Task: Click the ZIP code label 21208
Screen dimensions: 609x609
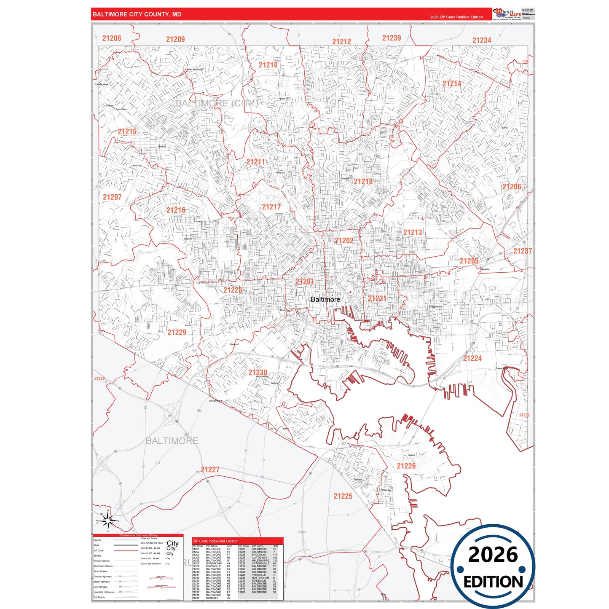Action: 112,38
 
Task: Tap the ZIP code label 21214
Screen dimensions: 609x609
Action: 452,84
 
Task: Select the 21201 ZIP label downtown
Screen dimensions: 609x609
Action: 304,282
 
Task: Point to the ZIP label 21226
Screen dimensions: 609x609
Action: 406,466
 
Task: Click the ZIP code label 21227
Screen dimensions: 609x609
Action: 210,469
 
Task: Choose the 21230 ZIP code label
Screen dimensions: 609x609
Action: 258,373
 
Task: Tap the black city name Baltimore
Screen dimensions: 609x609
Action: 325,299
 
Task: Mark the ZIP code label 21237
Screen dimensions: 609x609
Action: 523,251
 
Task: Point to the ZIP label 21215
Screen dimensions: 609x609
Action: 127,131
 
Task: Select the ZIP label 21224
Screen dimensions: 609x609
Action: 472,358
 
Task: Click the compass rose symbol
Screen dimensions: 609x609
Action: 108,521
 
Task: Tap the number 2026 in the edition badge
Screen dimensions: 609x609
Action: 493,555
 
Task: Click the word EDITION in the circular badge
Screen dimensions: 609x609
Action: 493,582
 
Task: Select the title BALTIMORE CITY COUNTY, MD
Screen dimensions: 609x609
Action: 137,14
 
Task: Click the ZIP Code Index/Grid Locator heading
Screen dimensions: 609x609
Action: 215,541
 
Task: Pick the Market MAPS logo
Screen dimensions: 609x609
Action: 507,13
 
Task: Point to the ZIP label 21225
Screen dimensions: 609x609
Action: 343,496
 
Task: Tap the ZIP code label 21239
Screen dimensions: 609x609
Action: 392,38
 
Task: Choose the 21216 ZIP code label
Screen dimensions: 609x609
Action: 176,210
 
